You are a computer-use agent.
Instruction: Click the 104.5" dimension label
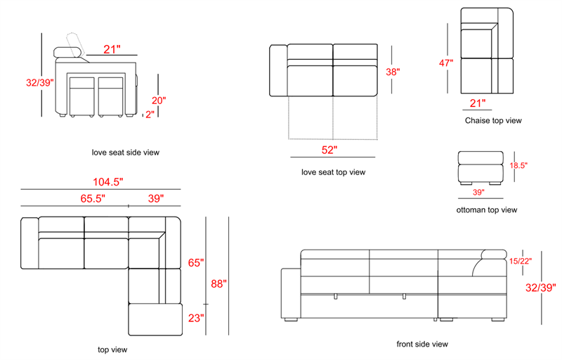[x=108, y=182]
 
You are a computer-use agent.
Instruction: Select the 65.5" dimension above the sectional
[x=93, y=198]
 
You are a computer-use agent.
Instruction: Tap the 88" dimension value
[x=218, y=283]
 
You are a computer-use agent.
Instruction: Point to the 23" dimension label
[x=196, y=318]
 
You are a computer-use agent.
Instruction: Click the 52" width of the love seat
[x=329, y=150]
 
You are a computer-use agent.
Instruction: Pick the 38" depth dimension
[x=393, y=72]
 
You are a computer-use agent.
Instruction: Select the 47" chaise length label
[x=446, y=63]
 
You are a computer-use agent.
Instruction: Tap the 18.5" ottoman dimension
[x=518, y=165]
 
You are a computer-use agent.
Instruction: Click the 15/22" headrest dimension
[x=521, y=261]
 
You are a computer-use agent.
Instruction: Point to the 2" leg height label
[x=150, y=115]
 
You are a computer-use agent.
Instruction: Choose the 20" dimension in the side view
[x=159, y=101]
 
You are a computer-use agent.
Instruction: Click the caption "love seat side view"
[x=126, y=153]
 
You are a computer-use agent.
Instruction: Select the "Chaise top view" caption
[x=493, y=120]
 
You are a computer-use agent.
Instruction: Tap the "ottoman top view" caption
[x=487, y=210]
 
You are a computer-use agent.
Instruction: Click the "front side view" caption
[x=422, y=345]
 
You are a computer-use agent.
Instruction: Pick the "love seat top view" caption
[x=333, y=172]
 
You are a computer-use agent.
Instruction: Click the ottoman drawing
[x=481, y=168]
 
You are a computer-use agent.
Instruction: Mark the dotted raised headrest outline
[x=76, y=44]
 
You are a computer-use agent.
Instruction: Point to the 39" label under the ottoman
[x=478, y=192]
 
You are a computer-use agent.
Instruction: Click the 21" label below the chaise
[x=478, y=103]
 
